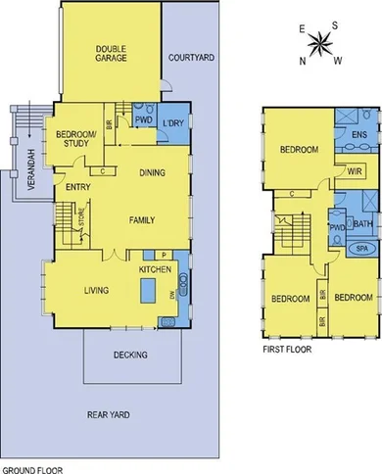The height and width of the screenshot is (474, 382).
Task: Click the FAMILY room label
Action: tap(143, 220)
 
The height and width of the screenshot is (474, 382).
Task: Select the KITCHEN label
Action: tap(155, 268)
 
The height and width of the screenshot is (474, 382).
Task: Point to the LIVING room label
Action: tap(95, 290)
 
